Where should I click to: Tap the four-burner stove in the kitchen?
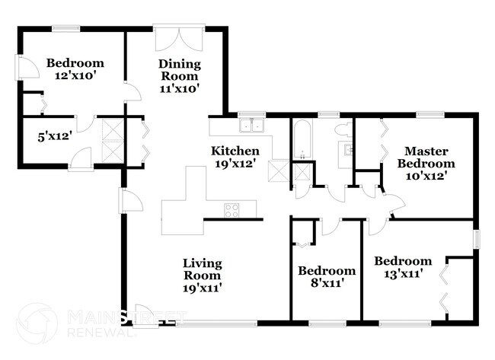tap(232, 211)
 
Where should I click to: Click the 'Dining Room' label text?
tap(179, 70)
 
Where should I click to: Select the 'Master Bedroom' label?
tap(430, 157)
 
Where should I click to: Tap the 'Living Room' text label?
tap(203, 269)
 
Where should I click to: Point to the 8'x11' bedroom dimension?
tap(326, 284)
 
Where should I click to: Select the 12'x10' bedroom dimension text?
tap(75, 76)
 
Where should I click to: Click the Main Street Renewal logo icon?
tap(37, 323)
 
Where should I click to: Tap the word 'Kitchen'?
tap(235, 151)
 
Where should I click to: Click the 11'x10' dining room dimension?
tap(179, 88)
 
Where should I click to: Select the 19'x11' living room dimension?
tap(203, 288)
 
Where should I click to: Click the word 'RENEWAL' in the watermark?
tap(101, 332)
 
